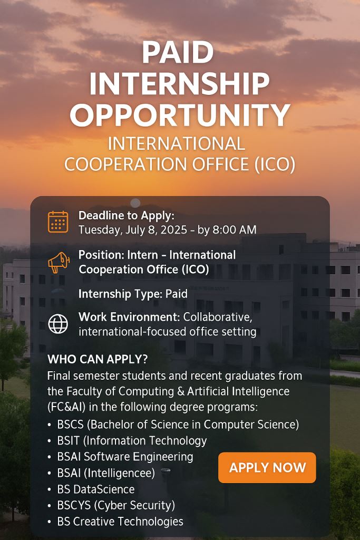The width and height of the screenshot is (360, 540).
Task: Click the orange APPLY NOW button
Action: [267, 467]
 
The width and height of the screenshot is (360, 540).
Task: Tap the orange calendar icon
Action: [58, 222]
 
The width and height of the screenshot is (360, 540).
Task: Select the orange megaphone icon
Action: [59, 262]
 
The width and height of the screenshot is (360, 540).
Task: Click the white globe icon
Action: [58, 324]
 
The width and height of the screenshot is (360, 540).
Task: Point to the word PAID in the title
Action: [178, 52]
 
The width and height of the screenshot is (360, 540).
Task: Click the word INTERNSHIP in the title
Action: [179, 83]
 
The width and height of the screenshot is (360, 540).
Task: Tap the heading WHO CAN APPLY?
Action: [98, 359]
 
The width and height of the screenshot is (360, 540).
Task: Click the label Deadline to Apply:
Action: [127, 216]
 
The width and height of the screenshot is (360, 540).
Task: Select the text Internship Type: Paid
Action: [133, 294]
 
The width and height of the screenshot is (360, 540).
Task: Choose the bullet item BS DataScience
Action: [96, 489]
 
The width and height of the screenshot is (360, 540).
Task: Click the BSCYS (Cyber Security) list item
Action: [116, 505]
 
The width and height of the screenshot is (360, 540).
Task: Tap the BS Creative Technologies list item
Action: [120, 522]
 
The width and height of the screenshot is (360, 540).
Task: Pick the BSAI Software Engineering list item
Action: [125, 457]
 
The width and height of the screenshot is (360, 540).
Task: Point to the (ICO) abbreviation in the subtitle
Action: [275, 164]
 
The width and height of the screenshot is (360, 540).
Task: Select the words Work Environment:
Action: [129, 317]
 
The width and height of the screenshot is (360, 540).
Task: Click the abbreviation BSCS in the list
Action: [70, 425]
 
